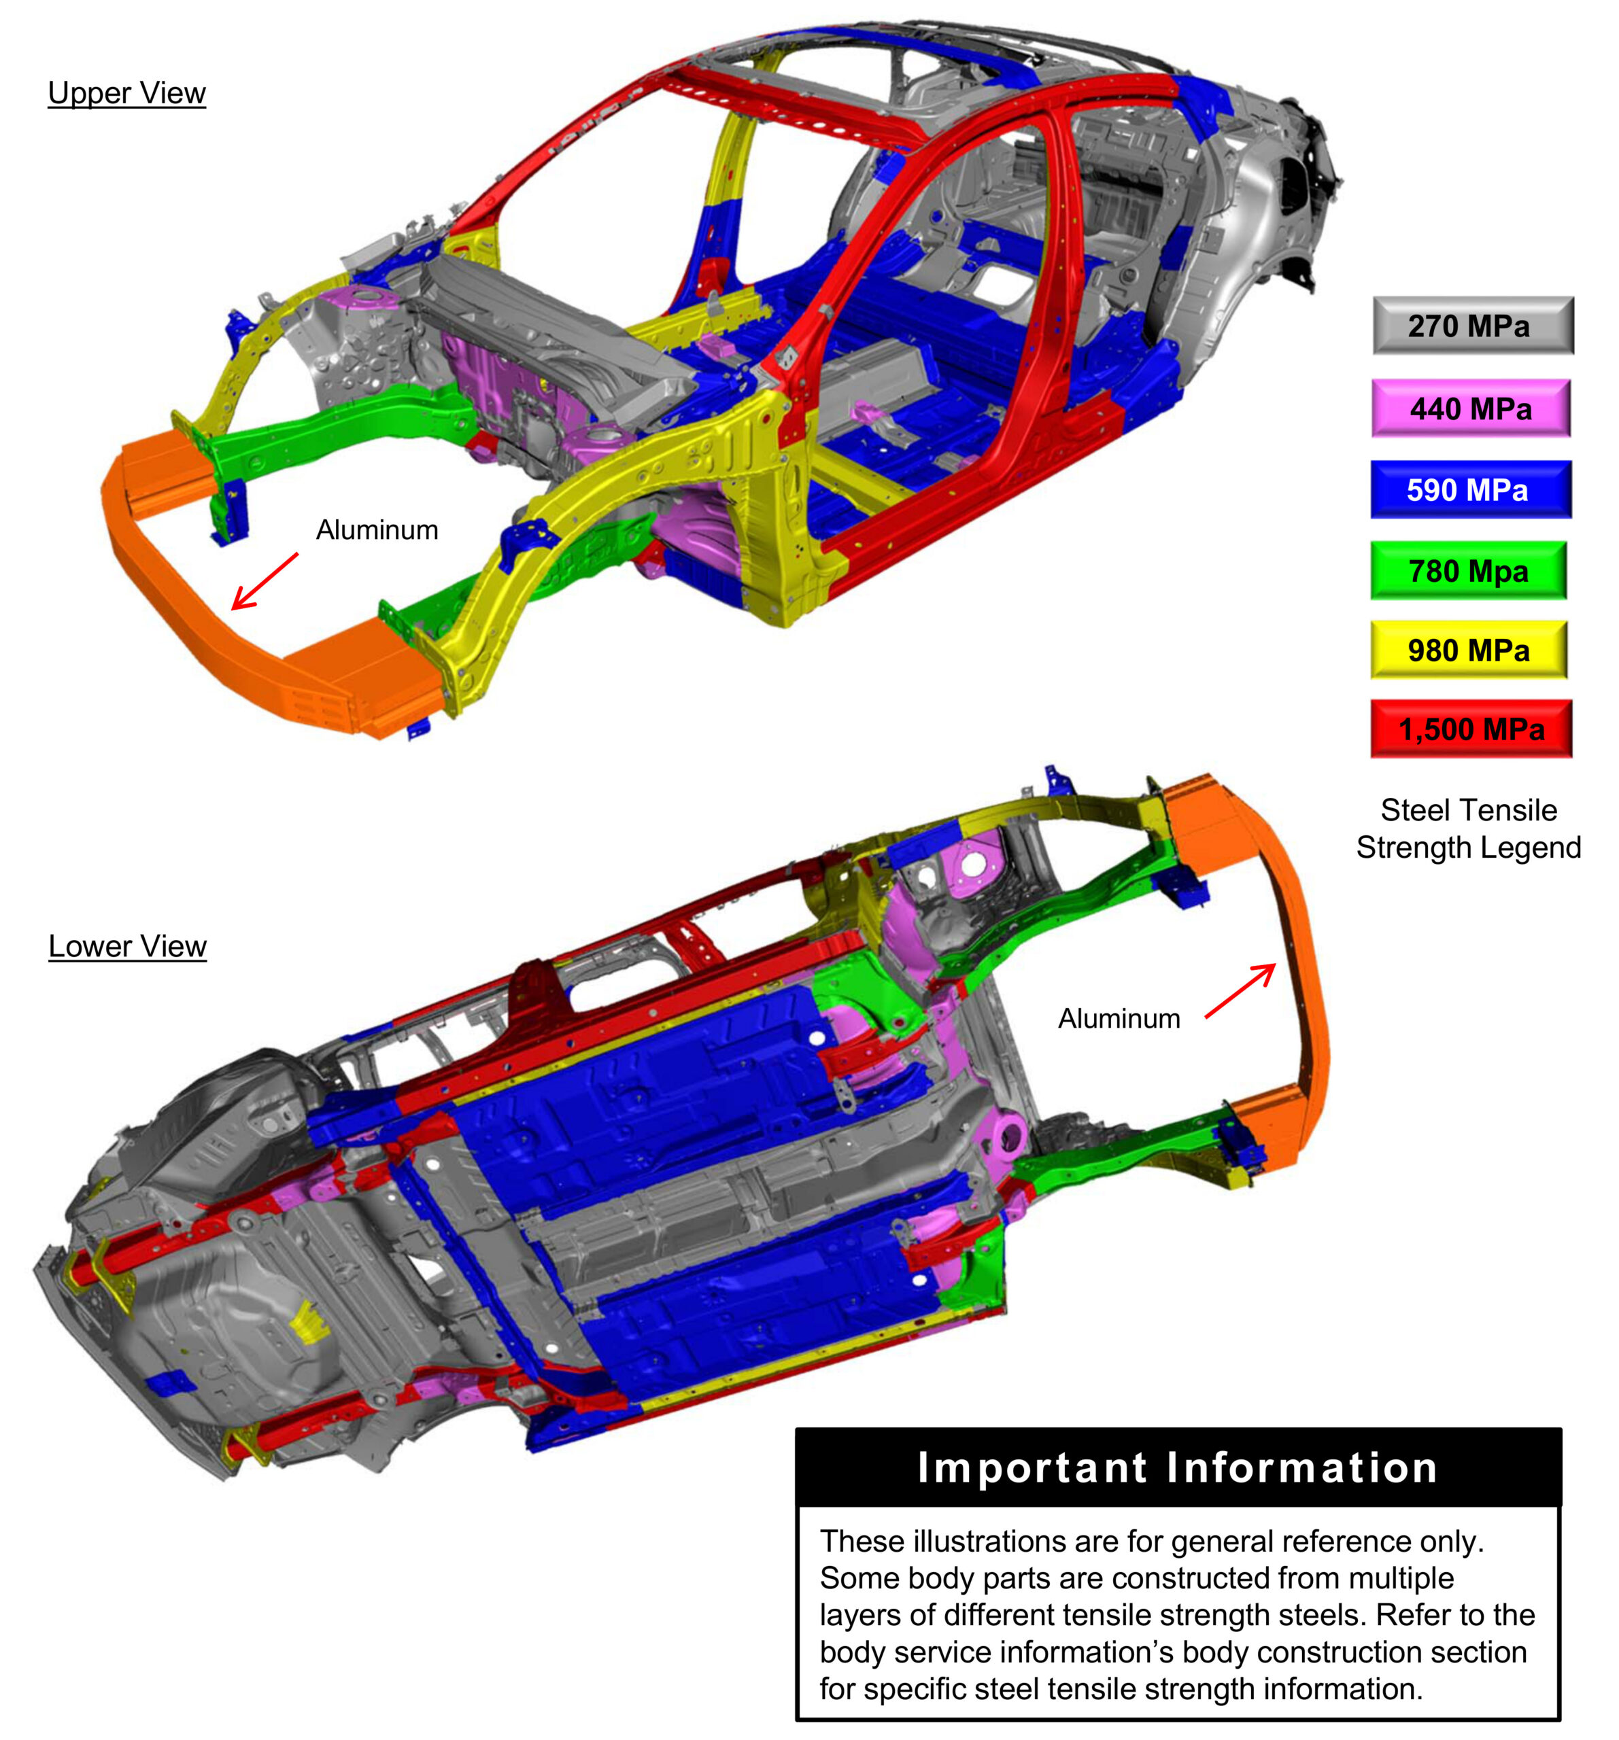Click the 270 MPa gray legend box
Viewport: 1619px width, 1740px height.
point(1472,326)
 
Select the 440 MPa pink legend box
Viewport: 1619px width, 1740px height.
point(1470,408)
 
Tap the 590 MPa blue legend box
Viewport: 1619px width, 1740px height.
point(1470,489)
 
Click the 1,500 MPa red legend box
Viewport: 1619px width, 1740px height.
point(1471,728)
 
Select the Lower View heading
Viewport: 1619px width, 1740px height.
point(127,946)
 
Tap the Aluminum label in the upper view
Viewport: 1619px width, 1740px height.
point(377,529)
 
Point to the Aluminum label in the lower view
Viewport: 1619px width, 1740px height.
point(1118,1018)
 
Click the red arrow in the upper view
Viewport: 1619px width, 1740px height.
point(265,580)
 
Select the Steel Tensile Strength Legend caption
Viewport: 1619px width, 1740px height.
point(1469,828)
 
